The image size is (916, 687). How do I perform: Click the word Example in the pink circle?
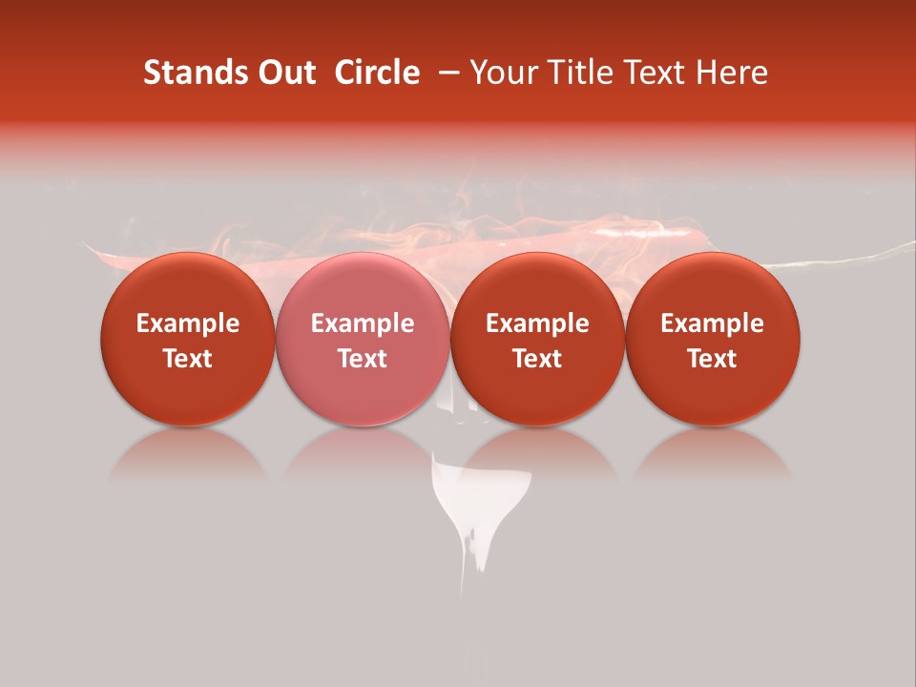pyautogui.click(x=363, y=323)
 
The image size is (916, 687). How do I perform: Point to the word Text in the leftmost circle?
pyautogui.click(x=188, y=359)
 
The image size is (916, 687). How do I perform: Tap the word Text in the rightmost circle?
pyautogui.click(x=712, y=359)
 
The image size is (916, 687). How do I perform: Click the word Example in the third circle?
pyautogui.click(x=537, y=323)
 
